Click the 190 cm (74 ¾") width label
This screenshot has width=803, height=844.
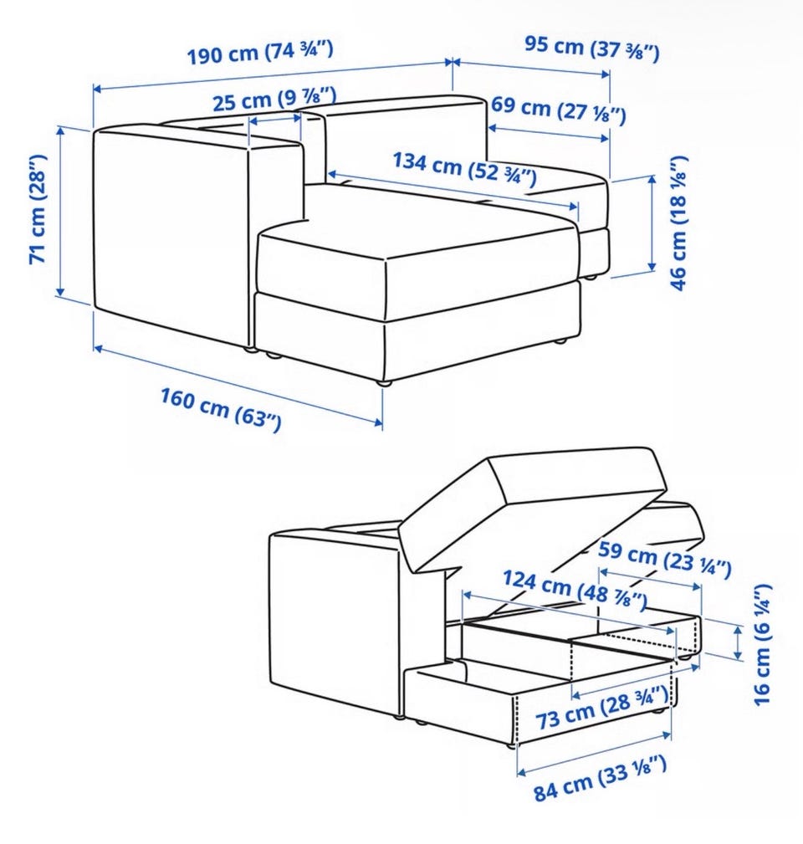click(260, 53)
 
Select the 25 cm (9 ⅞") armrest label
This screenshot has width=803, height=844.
click(274, 99)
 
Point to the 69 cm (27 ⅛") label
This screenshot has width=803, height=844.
click(559, 110)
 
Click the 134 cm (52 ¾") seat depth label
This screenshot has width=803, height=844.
click(464, 168)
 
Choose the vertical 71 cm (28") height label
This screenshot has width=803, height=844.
click(38, 209)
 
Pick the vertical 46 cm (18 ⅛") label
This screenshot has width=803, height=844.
click(678, 223)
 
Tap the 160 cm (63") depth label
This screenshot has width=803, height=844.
click(221, 410)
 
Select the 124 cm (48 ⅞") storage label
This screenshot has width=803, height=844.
click(575, 590)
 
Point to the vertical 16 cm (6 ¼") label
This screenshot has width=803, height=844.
click(762, 644)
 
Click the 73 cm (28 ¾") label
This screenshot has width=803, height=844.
click(601, 708)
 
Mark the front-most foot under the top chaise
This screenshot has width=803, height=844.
click(383, 383)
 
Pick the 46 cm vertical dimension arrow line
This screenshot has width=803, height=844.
click(652, 223)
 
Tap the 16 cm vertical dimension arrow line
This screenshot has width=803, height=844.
click(739, 642)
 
